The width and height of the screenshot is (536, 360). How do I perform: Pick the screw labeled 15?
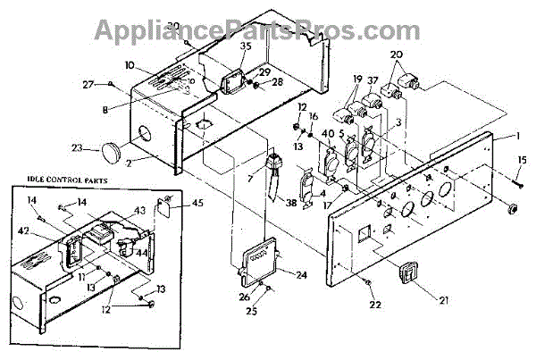coord(517,182)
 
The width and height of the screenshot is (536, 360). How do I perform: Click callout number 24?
coord(301,275)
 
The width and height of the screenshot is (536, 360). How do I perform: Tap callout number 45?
coord(197,203)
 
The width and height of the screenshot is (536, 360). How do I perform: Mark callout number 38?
coord(291,203)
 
